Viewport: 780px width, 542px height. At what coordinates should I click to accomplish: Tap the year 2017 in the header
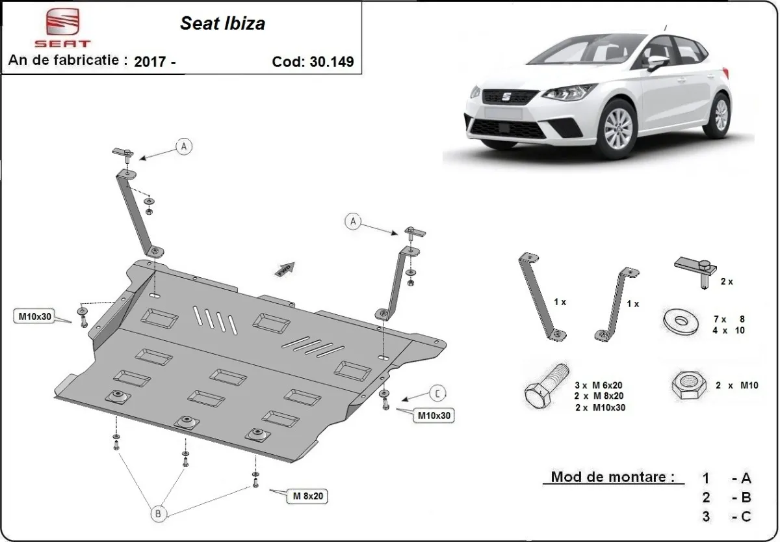coord(149,62)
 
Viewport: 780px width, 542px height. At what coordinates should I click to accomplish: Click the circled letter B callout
coord(158,513)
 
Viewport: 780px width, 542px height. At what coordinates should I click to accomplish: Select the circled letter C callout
coord(438,392)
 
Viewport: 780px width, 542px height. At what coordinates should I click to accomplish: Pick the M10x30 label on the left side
coord(34,317)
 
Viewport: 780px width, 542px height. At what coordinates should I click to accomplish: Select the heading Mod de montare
coord(608,476)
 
